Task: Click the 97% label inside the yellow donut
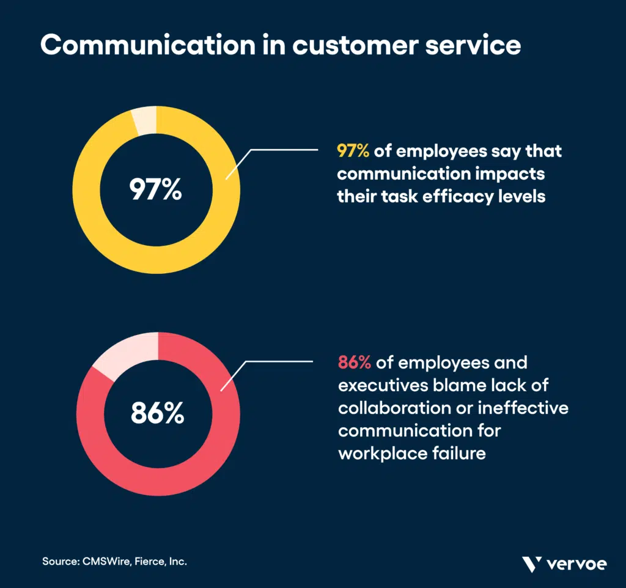click(x=155, y=190)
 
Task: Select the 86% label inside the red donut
click(x=157, y=414)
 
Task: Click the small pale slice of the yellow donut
click(x=144, y=120)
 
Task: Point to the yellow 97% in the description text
click(x=353, y=151)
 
